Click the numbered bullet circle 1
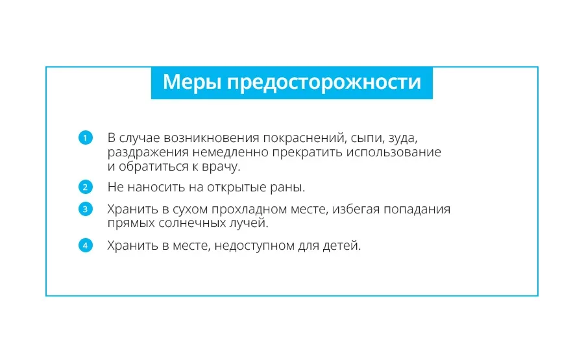pyautogui.click(x=85, y=138)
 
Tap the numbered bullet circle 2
pyautogui.click(x=85, y=187)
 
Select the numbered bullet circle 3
pyautogui.click(x=85, y=209)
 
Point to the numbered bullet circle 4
pyautogui.click(x=85, y=245)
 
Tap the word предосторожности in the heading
pyautogui.click(x=324, y=82)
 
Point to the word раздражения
pyautogui.click(x=148, y=153)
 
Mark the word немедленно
pyautogui.click(x=230, y=152)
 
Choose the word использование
pyautogui.click(x=394, y=152)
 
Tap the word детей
pyautogui.click(x=341, y=246)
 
